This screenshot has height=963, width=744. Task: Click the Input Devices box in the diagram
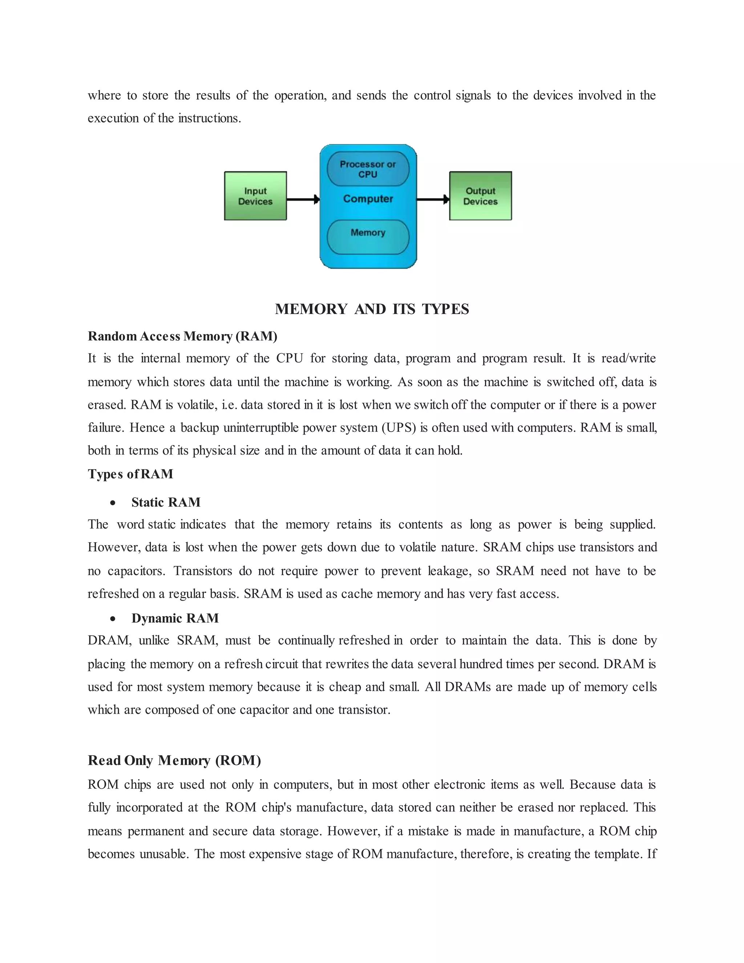(x=255, y=196)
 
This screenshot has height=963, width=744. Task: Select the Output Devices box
(x=480, y=196)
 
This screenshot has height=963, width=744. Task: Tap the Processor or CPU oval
(x=368, y=169)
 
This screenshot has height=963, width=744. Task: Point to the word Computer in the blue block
(x=368, y=199)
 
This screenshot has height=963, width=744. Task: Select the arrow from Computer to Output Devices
(x=432, y=199)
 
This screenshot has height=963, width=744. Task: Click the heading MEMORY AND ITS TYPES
(x=372, y=309)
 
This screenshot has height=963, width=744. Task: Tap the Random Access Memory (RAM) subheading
(x=182, y=336)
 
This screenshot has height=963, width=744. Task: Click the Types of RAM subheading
(x=130, y=474)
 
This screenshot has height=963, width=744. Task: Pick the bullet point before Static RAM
(x=113, y=503)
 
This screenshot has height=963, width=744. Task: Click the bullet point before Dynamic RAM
(x=113, y=619)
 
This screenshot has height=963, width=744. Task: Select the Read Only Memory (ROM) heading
(x=174, y=760)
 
